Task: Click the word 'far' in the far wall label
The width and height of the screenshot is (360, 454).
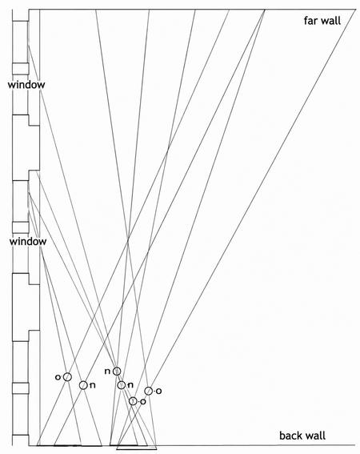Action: pos(311,21)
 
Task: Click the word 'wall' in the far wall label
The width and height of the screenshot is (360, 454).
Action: pos(331,21)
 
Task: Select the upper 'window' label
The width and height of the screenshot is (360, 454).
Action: pos(26,85)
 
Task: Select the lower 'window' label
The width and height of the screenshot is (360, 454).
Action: pos(28,241)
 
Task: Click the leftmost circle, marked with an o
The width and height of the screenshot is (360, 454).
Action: pos(67,376)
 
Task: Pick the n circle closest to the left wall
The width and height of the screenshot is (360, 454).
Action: pos(83,385)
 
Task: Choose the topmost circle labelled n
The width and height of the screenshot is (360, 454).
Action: pos(117,371)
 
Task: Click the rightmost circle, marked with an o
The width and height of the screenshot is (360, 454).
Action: pos(149,391)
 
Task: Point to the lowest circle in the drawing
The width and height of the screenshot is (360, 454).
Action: pos(133,401)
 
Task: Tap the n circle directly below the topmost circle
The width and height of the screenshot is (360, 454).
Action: pos(122,385)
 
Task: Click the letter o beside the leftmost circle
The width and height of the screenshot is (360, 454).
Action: pos(58,377)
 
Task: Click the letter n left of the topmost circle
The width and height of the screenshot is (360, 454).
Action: pos(107,372)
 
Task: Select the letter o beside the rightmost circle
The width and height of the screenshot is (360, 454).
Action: pos(158,392)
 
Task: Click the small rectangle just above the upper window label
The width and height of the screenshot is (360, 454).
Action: pos(20,68)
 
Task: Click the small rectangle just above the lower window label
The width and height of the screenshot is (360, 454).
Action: pos(20,227)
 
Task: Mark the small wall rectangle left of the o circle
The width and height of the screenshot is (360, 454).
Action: pos(20,388)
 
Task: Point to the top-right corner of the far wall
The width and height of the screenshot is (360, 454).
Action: pos(356,10)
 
